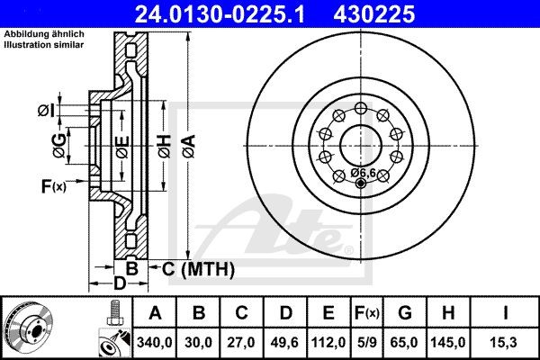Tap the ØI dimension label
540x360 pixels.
coord(46,111)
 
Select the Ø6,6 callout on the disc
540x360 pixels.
coord(363,172)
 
